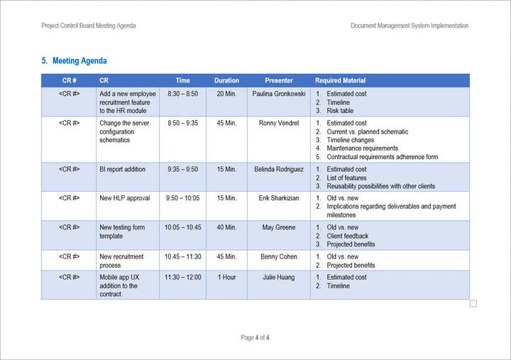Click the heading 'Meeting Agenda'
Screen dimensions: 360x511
tap(79, 61)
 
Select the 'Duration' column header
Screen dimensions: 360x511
tap(226, 81)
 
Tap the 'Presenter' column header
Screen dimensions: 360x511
tap(279, 81)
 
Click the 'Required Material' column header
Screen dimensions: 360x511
tap(341, 81)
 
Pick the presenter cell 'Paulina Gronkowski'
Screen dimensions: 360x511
tap(279, 94)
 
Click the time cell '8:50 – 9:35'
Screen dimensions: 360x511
tap(182, 123)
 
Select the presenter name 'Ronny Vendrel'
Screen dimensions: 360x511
tap(279, 123)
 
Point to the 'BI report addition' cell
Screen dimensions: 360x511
tap(123, 170)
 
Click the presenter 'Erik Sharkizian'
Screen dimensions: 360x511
tap(279, 198)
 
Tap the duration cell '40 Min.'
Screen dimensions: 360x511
tap(226, 227)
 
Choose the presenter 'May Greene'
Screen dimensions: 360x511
tap(279, 227)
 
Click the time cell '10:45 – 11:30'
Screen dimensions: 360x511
tap(182, 256)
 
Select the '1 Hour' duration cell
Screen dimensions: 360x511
tap(226, 277)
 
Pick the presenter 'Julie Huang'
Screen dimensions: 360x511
tap(279, 277)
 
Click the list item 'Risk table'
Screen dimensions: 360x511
tap(340, 111)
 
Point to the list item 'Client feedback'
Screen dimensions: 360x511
tap(348, 236)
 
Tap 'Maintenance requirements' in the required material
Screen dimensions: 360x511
tap(363, 148)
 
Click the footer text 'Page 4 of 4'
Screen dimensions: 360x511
tap(255, 337)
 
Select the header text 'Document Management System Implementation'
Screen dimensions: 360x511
tap(410, 26)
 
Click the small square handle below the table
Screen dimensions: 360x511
tap(473, 303)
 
